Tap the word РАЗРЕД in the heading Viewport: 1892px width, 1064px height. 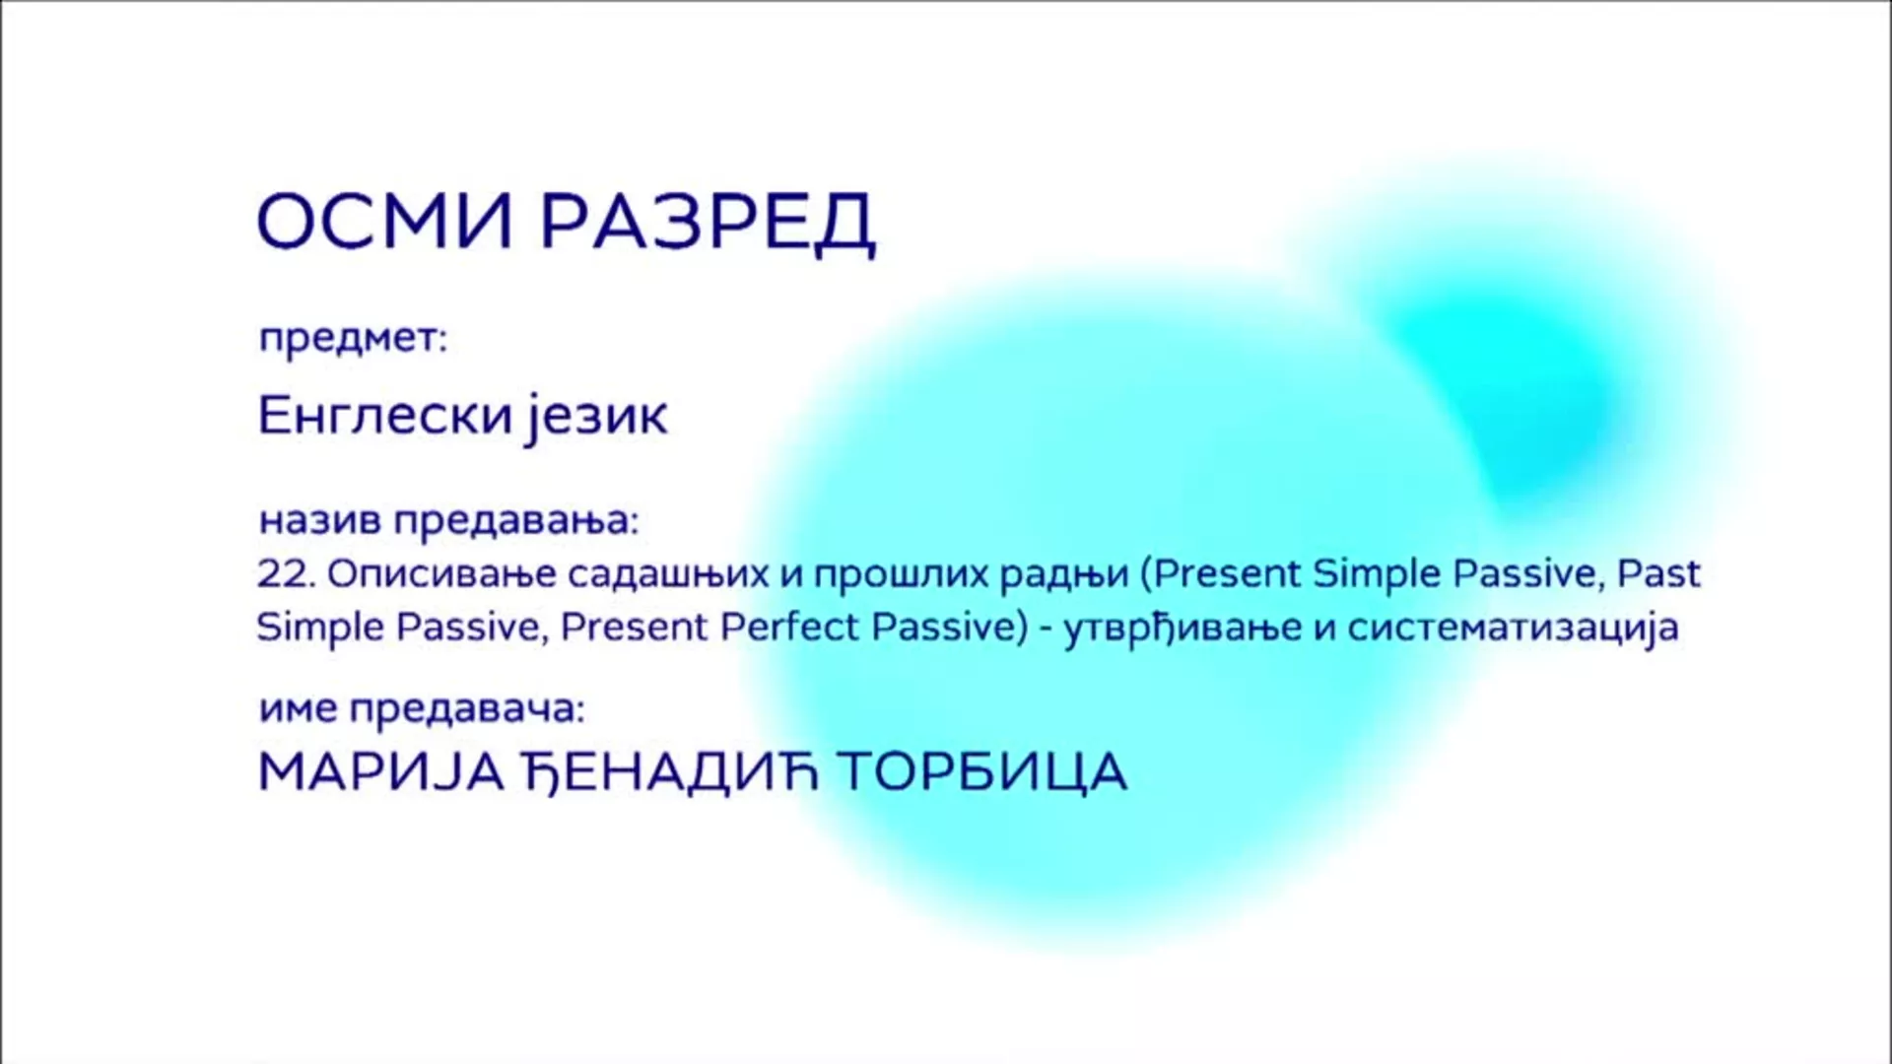click(x=708, y=224)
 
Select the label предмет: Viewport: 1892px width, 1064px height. click(x=353, y=339)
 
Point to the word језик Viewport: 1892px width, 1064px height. click(x=596, y=418)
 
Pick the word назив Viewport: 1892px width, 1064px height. click(x=320, y=520)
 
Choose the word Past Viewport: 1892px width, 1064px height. click(x=1659, y=572)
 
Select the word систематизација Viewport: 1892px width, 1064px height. click(x=1514, y=628)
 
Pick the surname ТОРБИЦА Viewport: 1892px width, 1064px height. click(x=982, y=772)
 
